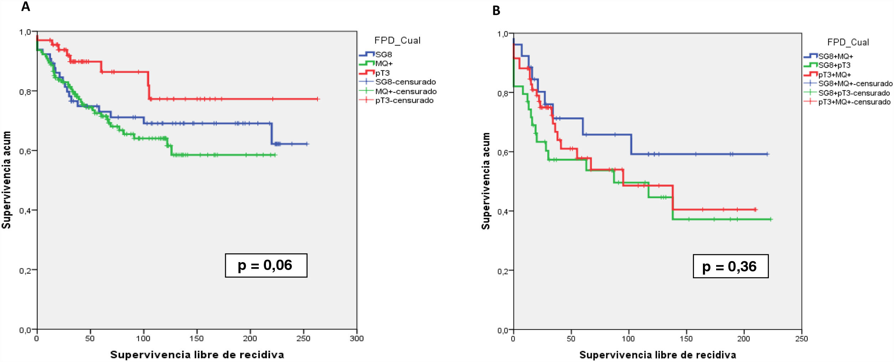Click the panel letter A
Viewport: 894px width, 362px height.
pyautogui.click(x=25, y=6)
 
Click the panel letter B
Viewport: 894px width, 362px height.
pyautogui.click(x=496, y=11)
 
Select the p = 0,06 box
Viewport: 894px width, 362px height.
pyautogui.click(x=266, y=265)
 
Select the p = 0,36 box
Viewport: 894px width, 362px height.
pyautogui.click(x=730, y=266)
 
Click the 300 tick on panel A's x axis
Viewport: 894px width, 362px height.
pyautogui.click(x=356, y=338)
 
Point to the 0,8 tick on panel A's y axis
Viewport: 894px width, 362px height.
pyautogui.click(x=25, y=92)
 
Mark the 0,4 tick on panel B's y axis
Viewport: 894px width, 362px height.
pyautogui.click(x=503, y=212)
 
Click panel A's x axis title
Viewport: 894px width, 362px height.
pyautogui.click(x=197, y=355)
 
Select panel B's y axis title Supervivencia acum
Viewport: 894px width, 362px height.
pyautogui.click(x=485, y=181)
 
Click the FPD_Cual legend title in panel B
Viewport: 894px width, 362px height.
pyautogui.click(x=848, y=42)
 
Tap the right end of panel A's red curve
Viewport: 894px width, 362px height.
pyautogui.click(x=318, y=99)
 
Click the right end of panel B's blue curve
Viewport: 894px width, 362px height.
pyautogui.click(x=768, y=154)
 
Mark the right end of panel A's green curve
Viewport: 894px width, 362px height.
pyautogui.click(x=276, y=155)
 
